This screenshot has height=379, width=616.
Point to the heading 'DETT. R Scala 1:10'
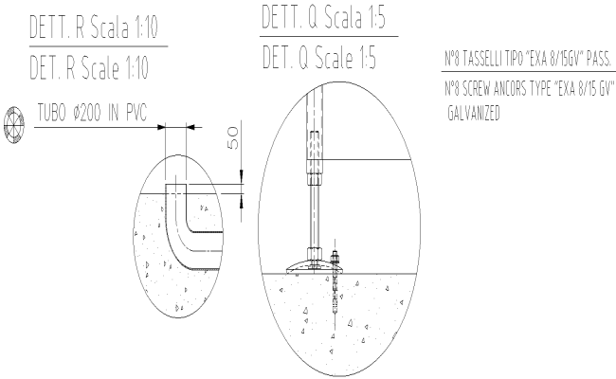[93, 27]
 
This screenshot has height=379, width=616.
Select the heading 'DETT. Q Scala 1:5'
[323, 17]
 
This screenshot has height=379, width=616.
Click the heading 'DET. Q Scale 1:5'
[318, 58]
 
